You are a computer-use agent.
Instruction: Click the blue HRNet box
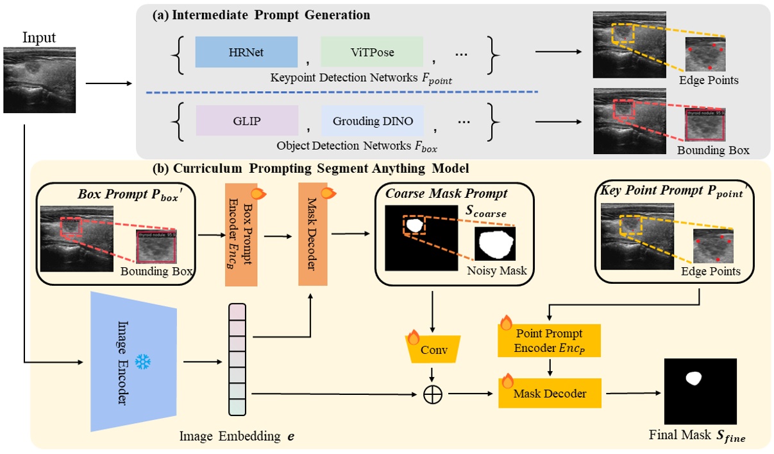pyautogui.click(x=246, y=52)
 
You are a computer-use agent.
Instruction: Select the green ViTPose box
pyautogui.click(x=372, y=52)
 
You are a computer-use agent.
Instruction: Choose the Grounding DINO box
pyautogui.click(x=373, y=121)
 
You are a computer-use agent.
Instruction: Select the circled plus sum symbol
pyautogui.click(x=433, y=394)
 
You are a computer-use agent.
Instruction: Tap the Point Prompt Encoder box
pyautogui.click(x=550, y=340)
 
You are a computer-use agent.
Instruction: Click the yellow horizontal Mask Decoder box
pyautogui.click(x=550, y=393)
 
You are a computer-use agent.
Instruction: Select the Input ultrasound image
pyautogui.click(x=40, y=80)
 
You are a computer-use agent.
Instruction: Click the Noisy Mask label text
pyautogui.click(x=497, y=270)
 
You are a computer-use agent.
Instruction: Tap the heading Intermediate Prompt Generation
pyautogui.click(x=261, y=14)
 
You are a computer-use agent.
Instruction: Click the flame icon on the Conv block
pyautogui.click(x=413, y=336)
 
